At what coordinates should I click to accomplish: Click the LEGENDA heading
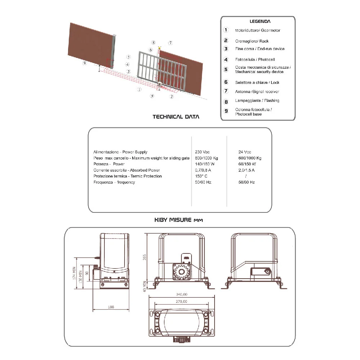260,21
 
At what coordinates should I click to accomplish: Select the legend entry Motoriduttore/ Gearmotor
258,30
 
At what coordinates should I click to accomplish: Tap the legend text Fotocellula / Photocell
255,59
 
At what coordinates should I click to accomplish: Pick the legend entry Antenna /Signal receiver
257,91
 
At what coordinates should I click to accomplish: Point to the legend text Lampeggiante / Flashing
257,100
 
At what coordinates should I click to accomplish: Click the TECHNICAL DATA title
176,117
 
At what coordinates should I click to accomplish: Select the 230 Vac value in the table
202,152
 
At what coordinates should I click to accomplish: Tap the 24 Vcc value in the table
245,152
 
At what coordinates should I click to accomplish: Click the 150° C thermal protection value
201,176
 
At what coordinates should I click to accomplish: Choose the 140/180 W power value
205,164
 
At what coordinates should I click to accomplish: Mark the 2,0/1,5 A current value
246,170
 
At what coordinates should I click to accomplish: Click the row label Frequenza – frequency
114,182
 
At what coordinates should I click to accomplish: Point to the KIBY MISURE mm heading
179,220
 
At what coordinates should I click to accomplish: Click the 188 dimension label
111,307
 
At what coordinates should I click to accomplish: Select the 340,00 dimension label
181,294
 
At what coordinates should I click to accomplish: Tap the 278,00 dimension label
181,301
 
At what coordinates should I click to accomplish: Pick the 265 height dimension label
144,257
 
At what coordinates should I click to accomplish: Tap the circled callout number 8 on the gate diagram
153,42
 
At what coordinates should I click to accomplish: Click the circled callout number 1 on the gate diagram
139,89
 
